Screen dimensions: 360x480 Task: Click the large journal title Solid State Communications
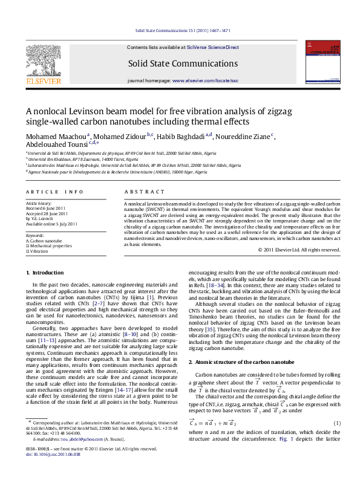tap(180, 63)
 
